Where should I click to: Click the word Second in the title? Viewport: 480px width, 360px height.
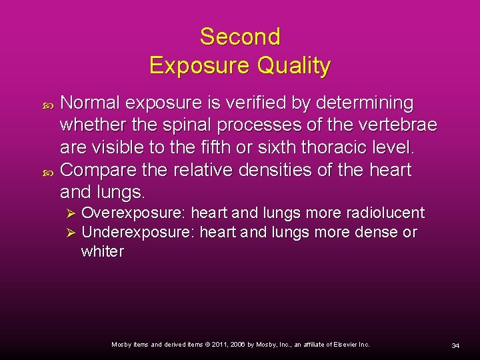pos(240,37)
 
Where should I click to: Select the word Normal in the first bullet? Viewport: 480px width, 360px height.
pos(91,103)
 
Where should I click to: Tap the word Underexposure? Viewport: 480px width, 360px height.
pos(137,233)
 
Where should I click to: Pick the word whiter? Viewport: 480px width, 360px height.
pos(102,252)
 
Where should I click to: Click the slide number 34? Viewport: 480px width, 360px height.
pos(455,345)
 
